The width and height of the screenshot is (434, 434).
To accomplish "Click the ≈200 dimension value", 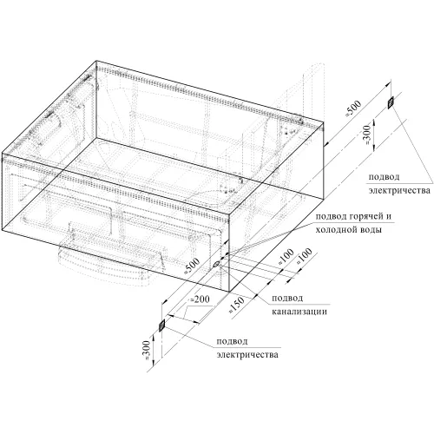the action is click(x=201, y=299).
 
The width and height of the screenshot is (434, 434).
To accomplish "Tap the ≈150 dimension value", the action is click(x=237, y=305).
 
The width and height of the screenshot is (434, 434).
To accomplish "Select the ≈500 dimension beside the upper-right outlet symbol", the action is click(x=353, y=108).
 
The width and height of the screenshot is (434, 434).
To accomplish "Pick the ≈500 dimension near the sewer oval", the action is click(x=192, y=266).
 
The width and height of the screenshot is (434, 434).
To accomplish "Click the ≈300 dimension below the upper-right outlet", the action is click(x=366, y=135).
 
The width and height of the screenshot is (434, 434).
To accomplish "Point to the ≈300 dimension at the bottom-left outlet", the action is click(x=147, y=350).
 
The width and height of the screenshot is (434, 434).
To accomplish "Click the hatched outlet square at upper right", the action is click(x=391, y=102).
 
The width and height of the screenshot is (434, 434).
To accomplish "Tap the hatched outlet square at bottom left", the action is click(x=161, y=325).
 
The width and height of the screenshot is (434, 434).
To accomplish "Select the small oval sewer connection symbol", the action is click(x=216, y=264).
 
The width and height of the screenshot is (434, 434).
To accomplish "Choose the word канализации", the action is click(x=299, y=312).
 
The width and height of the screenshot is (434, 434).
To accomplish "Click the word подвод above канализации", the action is click(x=287, y=298).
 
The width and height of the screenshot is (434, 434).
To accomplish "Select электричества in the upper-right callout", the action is click(x=399, y=191).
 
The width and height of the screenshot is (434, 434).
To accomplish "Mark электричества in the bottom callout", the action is click(x=247, y=354).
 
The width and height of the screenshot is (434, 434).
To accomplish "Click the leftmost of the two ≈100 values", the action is click(x=286, y=257).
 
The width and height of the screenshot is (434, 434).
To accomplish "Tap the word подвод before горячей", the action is click(x=331, y=216).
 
